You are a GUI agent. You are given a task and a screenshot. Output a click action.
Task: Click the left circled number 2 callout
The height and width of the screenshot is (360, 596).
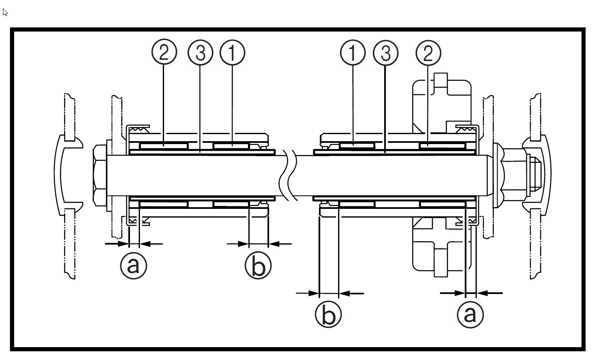164,53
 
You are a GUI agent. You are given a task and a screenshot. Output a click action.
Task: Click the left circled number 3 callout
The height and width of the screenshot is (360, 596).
200,53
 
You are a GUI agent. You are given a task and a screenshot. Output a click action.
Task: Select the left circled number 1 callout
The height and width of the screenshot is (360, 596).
233,53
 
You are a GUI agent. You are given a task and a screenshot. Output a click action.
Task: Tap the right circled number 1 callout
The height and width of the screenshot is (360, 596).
353,53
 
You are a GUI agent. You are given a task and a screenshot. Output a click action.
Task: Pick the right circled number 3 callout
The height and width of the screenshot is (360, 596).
386,53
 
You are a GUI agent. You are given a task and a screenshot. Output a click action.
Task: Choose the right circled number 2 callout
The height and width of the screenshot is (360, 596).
428,53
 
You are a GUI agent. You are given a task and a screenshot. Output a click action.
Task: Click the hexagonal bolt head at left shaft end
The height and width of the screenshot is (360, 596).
100,175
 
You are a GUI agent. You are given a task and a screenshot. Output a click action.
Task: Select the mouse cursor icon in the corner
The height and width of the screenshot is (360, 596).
5,12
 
